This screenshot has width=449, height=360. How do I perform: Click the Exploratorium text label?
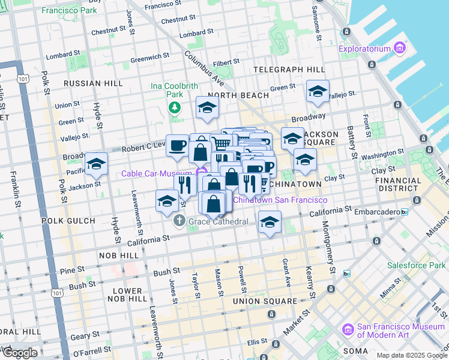364,49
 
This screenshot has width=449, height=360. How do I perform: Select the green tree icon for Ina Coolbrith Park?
174,108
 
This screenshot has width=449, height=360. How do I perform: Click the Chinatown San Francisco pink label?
280,200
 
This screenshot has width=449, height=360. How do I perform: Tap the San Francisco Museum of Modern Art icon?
346,330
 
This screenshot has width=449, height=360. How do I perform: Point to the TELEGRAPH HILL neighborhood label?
284,70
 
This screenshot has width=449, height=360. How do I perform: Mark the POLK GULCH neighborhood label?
65,221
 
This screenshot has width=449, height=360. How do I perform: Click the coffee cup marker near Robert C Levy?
177,145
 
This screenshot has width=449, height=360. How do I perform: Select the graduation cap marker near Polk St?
96,163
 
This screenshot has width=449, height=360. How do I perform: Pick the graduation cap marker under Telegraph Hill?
318,91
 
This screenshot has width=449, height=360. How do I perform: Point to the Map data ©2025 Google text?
412,355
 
